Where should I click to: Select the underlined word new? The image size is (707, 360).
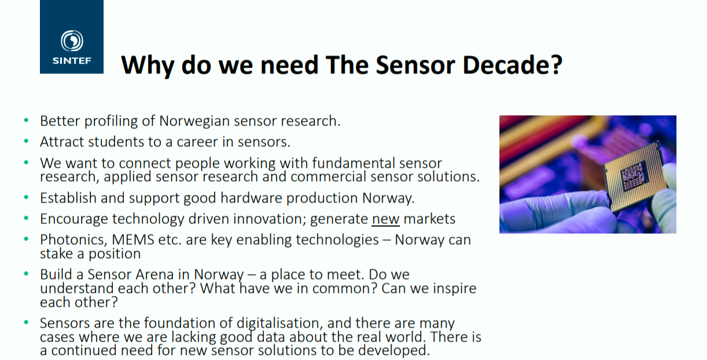pyautogui.click(x=385, y=219)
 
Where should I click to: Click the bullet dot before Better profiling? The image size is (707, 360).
pyautogui.click(x=26, y=120)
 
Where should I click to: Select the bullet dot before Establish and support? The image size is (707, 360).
pyautogui.click(x=26, y=197)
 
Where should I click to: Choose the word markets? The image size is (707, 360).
pyautogui.click(x=430, y=219)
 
